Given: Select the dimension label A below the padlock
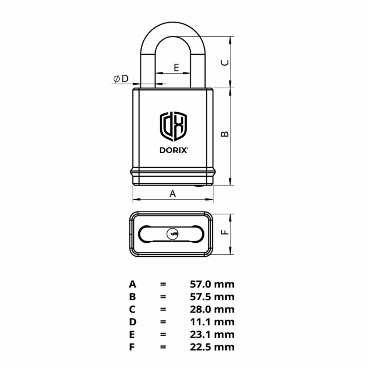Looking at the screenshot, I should [173, 194].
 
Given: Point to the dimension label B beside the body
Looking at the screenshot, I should [224, 134].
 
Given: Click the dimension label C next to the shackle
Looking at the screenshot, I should [224, 63].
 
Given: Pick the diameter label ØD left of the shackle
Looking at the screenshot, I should [121, 79].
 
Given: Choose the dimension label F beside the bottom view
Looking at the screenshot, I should [224, 232].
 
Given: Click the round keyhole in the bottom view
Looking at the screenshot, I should [172, 234].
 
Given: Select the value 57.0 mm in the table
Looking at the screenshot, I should [212, 285].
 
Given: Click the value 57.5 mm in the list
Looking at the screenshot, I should [212, 297].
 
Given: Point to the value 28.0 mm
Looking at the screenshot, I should [212, 310].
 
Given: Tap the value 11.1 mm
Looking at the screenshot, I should [212, 322].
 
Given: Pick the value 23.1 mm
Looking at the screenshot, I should [212, 335].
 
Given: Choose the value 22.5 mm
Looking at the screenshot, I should [212, 347].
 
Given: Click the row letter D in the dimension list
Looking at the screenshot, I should [133, 322].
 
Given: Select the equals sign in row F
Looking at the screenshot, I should [163, 347].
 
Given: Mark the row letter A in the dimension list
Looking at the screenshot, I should [133, 285].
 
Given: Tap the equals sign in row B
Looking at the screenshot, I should [163, 297].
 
